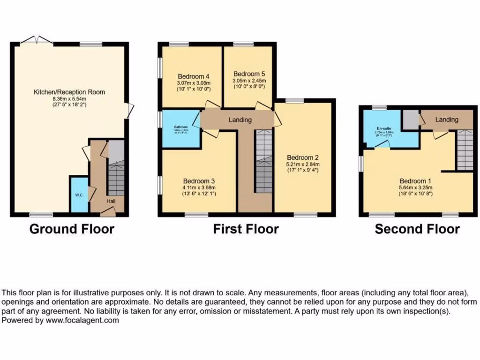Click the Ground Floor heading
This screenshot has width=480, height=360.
point(72,229)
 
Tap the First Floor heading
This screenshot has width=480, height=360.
point(246,229)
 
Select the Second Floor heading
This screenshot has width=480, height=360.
point(417,229)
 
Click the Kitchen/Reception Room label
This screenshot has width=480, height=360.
point(69,92)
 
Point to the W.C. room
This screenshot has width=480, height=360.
point(78,195)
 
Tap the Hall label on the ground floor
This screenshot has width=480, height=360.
point(111,201)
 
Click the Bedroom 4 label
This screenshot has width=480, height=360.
point(194,76)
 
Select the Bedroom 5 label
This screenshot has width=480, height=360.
point(249,74)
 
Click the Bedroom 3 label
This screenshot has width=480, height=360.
point(199,181)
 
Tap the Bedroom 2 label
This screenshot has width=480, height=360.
point(303,157)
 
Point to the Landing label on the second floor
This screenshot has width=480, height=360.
point(447,120)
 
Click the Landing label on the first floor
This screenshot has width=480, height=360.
point(240,120)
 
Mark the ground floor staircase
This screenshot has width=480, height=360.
point(116,173)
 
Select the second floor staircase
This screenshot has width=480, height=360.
point(465,150)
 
